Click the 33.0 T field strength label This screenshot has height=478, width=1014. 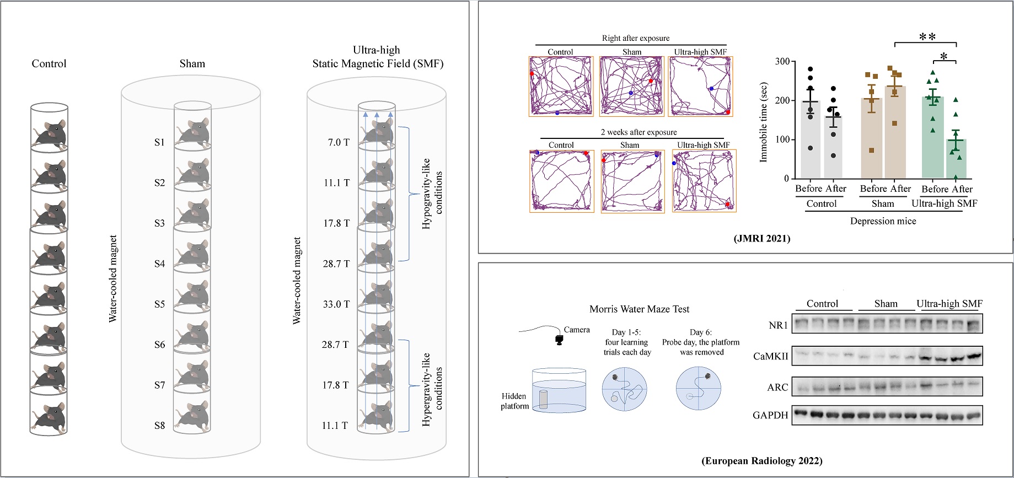pyautogui.click(x=336, y=304)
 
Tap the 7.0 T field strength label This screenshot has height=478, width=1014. pyautogui.click(x=339, y=142)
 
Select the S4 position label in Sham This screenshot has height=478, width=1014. pyautogui.click(x=159, y=264)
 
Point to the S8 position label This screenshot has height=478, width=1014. pyautogui.click(x=159, y=426)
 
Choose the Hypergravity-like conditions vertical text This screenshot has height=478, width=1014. pyautogui.click(x=432, y=389)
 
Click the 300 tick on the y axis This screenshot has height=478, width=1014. pyautogui.click(x=781, y=61)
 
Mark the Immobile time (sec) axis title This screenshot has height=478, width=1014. pyautogui.click(x=764, y=122)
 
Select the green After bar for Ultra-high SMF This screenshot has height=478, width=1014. pyautogui.click(x=956, y=159)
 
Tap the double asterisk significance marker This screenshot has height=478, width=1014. pyautogui.click(x=927, y=37)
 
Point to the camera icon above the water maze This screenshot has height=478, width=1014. pyautogui.click(x=559, y=340)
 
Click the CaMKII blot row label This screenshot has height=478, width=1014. pyautogui.click(x=770, y=357)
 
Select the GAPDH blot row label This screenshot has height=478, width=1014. pyautogui.click(x=770, y=415)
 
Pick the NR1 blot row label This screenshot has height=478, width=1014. pyautogui.click(x=778, y=325)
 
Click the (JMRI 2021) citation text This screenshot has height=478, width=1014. pyautogui.click(x=761, y=239)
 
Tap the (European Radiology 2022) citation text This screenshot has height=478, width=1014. pyautogui.click(x=761, y=461)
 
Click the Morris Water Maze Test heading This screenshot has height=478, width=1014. pyautogui.click(x=639, y=309)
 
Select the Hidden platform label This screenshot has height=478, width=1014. pyautogui.click(x=514, y=401)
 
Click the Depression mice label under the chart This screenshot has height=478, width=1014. pyautogui.click(x=883, y=221)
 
